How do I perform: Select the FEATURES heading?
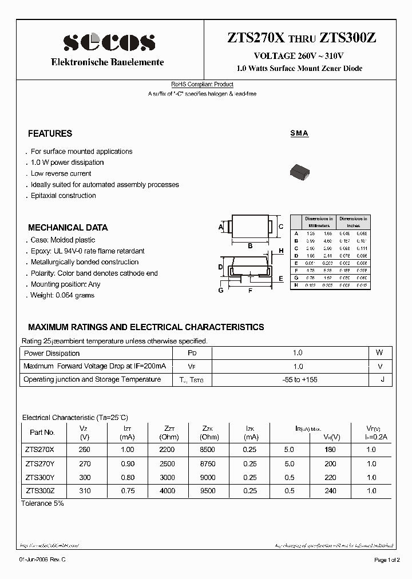[50, 133]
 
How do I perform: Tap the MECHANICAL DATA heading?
[68, 227]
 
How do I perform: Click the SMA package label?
[299, 133]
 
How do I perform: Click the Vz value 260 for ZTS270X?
[84, 449]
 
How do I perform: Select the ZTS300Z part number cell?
[40, 490]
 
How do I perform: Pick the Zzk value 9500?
[208, 490]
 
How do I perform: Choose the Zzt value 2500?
[167, 463]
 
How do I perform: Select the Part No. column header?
[42, 433]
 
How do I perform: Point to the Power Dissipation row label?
[51, 353]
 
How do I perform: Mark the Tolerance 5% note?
[42, 503]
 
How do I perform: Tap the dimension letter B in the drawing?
[250, 247]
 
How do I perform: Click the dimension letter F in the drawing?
[250, 291]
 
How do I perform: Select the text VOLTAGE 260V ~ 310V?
[299, 55]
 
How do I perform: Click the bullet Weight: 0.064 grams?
[62, 295]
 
